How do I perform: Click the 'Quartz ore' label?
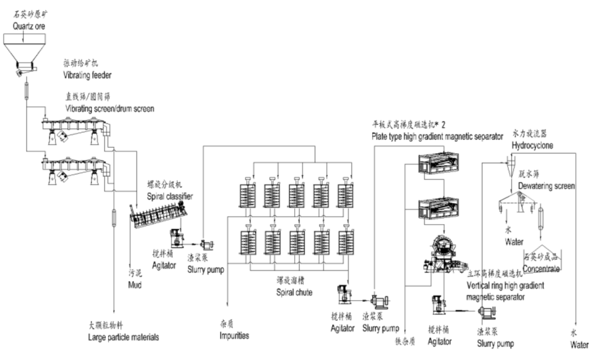pyautogui.click(x=24, y=27)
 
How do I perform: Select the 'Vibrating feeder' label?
pyautogui.click(x=87, y=75)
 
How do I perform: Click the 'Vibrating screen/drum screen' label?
pyautogui.click(x=110, y=108)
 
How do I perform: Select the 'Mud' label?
pyautogui.click(x=137, y=285)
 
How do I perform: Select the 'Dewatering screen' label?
pyautogui.click(x=546, y=186)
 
